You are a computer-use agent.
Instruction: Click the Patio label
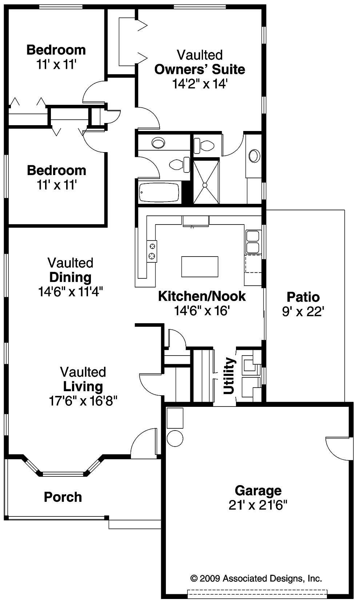coord(303,297)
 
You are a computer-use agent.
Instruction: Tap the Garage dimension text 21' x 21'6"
coord(258,505)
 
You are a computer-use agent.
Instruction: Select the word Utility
coord(229,376)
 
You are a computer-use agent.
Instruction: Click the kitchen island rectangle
coord(200,266)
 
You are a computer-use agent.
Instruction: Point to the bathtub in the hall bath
coord(160,193)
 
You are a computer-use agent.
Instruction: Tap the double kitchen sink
coord(253,242)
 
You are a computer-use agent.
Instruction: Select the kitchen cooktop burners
coord(152,251)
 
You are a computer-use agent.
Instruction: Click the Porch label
coord(63,497)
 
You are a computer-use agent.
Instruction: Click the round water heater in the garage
coord(175,439)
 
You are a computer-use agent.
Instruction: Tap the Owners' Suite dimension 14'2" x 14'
coord(200,84)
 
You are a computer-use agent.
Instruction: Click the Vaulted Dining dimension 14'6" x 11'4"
coord(71,291)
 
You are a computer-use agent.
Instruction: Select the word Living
coord(83,386)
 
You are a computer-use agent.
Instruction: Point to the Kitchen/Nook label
coord(202,296)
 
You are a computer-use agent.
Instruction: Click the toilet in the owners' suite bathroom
coord(205,146)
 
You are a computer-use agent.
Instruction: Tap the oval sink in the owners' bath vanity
coord(254,156)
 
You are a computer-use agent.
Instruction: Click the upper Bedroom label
coord(56,50)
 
